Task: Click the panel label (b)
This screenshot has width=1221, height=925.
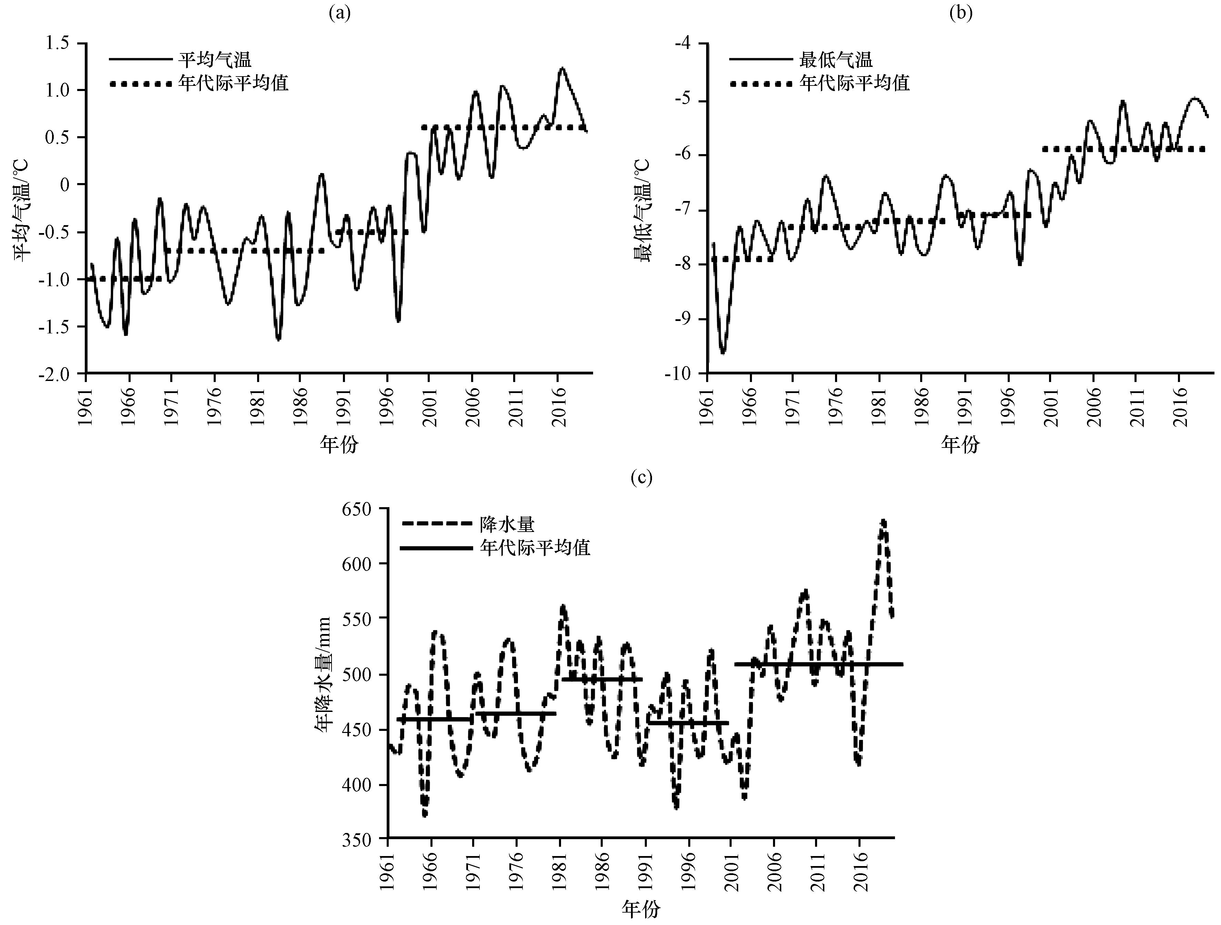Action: click(960, 13)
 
